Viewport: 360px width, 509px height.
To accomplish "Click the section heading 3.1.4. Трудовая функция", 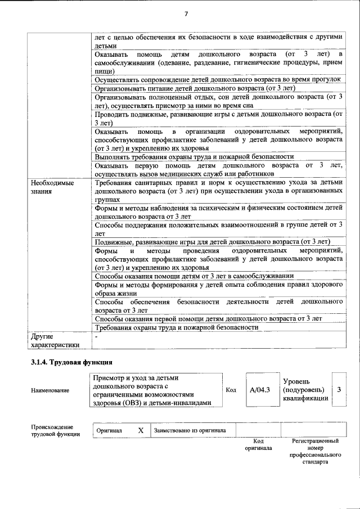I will pyautogui.click(x=73, y=362).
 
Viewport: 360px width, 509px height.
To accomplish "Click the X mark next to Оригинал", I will pyautogui.click(x=141, y=430).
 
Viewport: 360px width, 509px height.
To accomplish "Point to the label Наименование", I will pyautogui.click(x=51, y=390).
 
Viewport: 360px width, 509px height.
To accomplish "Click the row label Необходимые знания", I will pyautogui.click(x=52, y=187).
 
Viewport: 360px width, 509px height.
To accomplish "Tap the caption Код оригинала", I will pyautogui.click(x=258, y=445).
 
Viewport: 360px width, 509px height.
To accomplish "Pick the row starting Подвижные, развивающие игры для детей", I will pyautogui.click(x=212, y=242).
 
